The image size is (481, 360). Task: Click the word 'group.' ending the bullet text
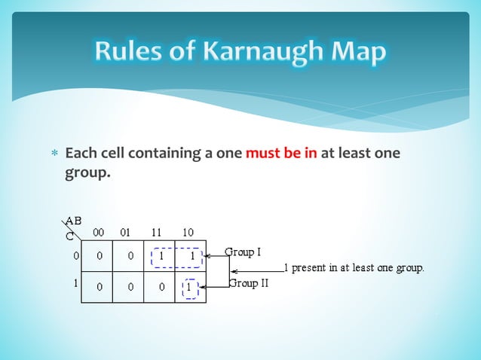pyautogui.click(x=87, y=173)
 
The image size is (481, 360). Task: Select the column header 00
pyautogui.click(x=99, y=232)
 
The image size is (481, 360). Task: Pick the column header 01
pyautogui.click(x=129, y=232)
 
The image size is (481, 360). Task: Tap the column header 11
pyautogui.click(x=160, y=232)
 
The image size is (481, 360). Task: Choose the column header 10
pyautogui.click(x=190, y=232)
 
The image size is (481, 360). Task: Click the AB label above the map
pyautogui.click(x=74, y=221)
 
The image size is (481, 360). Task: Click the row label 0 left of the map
pyautogui.click(x=75, y=255)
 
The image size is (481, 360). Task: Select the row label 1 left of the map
pyautogui.click(x=75, y=284)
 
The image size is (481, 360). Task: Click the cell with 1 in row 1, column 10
pyautogui.click(x=190, y=287)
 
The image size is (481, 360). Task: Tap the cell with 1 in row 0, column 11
pyautogui.click(x=160, y=256)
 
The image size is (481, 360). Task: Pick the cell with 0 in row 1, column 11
pyautogui.click(x=160, y=287)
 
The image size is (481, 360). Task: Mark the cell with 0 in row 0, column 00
pyautogui.click(x=99, y=256)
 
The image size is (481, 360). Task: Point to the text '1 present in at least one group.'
pyautogui.click(x=353, y=267)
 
